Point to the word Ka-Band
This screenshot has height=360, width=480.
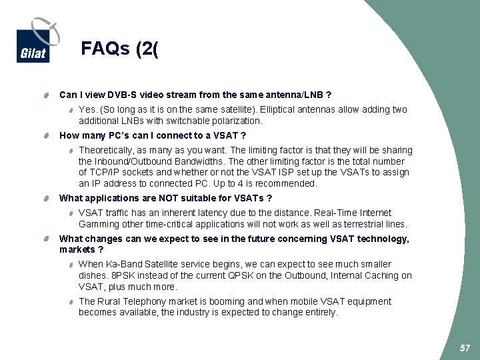(x=126, y=265)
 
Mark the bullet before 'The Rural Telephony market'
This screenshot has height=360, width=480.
(x=71, y=302)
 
